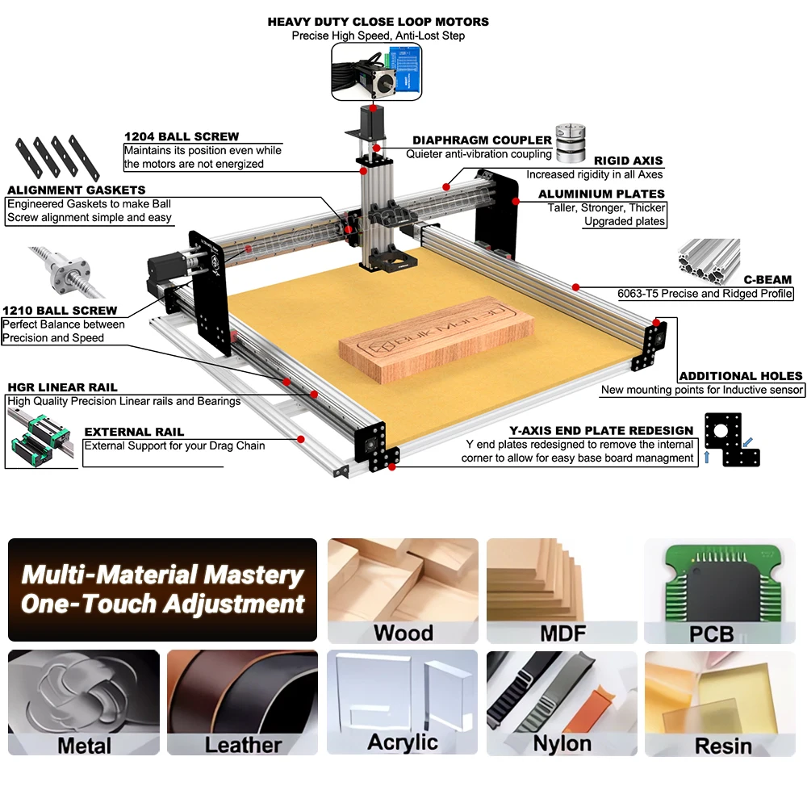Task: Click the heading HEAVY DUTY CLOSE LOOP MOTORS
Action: tap(378, 22)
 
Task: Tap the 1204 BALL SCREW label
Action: tap(182, 136)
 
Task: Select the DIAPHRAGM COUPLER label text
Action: tap(482, 140)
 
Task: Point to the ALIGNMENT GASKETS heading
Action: tap(76, 190)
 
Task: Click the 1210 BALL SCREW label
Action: tap(60, 311)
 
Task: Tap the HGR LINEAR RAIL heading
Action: tap(62, 387)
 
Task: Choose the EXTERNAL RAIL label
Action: tap(134, 432)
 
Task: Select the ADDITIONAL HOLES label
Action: tap(741, 376)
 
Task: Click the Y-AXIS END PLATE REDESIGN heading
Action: tap(601, 430)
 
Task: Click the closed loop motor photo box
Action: tap(377, 71)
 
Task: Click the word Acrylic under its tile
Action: tap(403, 742)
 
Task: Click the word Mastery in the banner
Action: tap(253, 575)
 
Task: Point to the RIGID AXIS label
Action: tap(629, 161)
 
